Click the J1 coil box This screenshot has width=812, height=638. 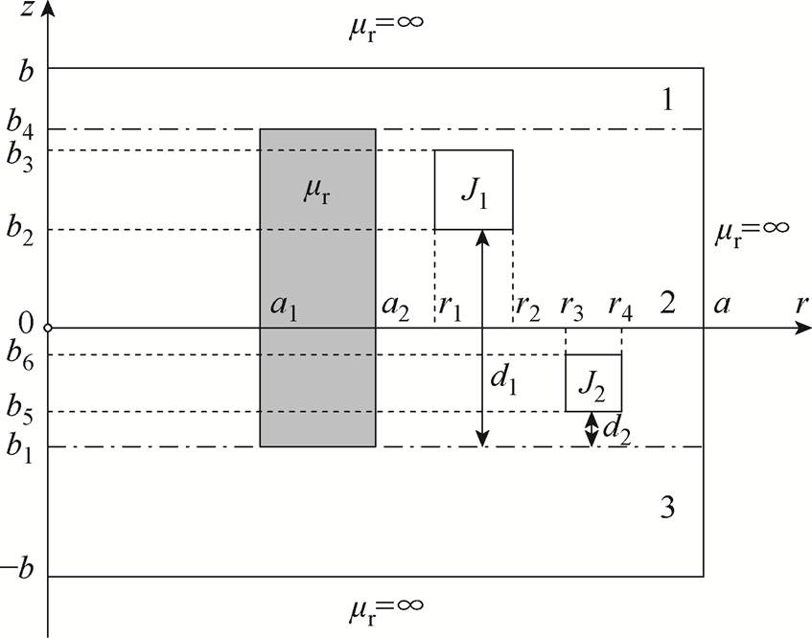pyautogui.click(x=474, y=190)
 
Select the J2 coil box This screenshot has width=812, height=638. pyautogui.click(x=593, y=382)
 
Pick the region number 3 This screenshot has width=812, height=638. pyautogui.click(x=668, y=507)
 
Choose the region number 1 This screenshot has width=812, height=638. pyautogui.click(x=668, y=99)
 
